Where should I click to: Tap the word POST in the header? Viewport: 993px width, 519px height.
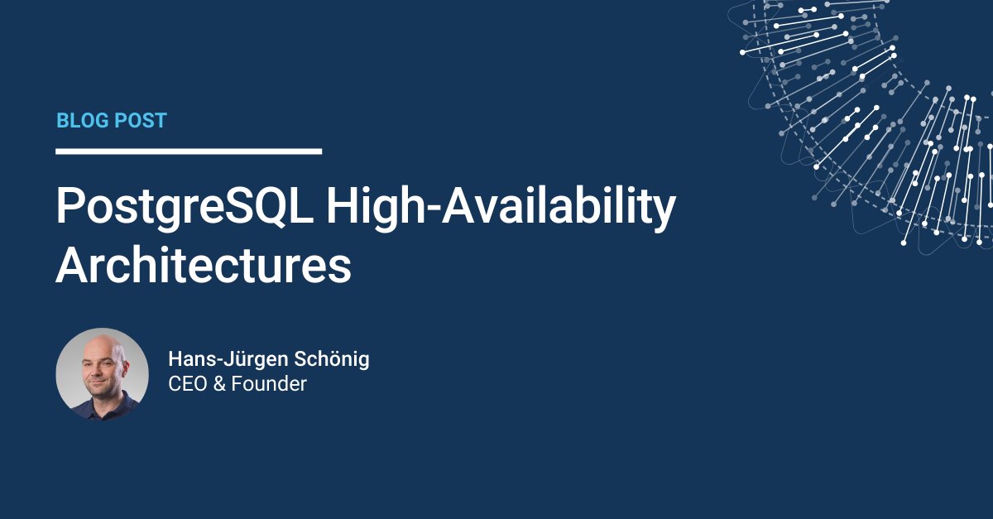[x=141, y=121]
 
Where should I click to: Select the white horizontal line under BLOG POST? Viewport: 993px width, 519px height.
[x=189, y=151]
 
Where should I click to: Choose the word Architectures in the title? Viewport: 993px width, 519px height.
[x=204, y=267]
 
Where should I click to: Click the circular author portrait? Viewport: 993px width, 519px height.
[x=102, y=374]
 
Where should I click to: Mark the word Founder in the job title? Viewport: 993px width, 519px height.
[x=269, y=384]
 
